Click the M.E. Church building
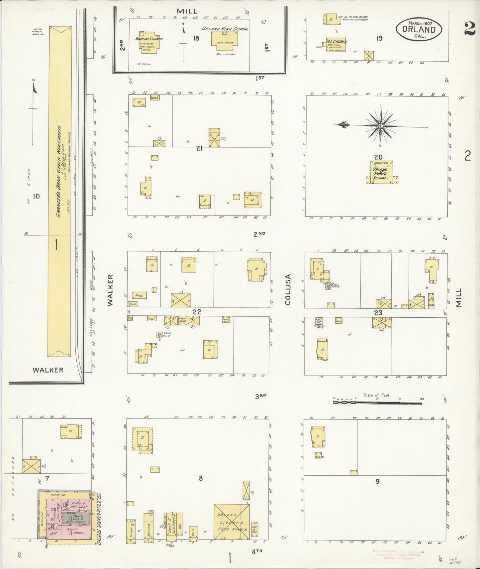(336, 44)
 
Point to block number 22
(197, 312)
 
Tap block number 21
(199, 149)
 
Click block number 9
(377, 481)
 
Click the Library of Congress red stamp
(395, 554)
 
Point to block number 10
(36, 196)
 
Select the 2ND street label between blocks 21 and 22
(259, 234)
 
